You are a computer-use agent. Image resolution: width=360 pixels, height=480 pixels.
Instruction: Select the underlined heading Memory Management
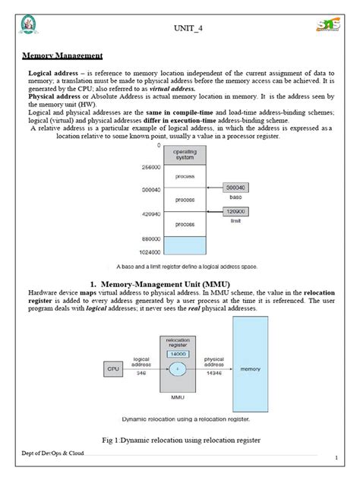pyautogui.click(x=62, y=55)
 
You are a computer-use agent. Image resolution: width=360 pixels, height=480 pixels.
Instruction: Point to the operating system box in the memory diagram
pyautogui.click(x=185, y=155)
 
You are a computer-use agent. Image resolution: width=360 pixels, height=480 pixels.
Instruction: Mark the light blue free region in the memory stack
pyautogui.click(x=185, y=245)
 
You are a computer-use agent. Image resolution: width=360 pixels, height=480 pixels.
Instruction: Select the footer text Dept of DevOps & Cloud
pyautogui.click(x=52, y=453)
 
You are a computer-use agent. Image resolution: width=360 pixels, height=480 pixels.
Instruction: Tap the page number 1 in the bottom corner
pyautogui.click(x=336, y=459)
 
